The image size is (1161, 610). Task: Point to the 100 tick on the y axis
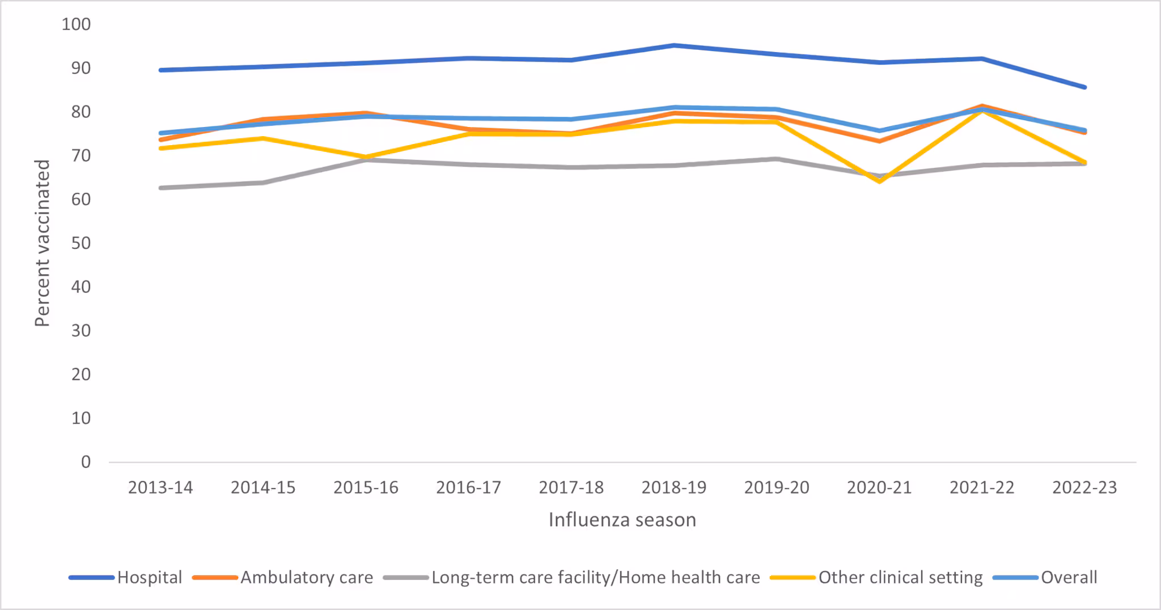point(76,24)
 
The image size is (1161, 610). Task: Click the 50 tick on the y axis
point(81,243)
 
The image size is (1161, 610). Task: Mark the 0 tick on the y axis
point(86,462)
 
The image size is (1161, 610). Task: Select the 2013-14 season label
point(160,488)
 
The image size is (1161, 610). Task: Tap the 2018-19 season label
point(674,488)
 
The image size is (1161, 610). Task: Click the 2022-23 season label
point(1084,488)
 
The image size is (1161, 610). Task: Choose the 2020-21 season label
point(879,488)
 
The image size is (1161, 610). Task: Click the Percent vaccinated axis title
point(43,243)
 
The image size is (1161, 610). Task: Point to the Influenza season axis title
point(622,520)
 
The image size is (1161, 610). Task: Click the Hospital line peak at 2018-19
point(674,45)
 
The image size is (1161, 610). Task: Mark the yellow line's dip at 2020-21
point(880,181)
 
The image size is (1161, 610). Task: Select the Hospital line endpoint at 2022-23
point(1084,87)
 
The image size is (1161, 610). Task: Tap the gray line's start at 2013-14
point(161,188)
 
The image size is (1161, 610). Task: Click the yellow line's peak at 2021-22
point(982,111)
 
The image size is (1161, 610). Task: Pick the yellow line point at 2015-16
point(366,157)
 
